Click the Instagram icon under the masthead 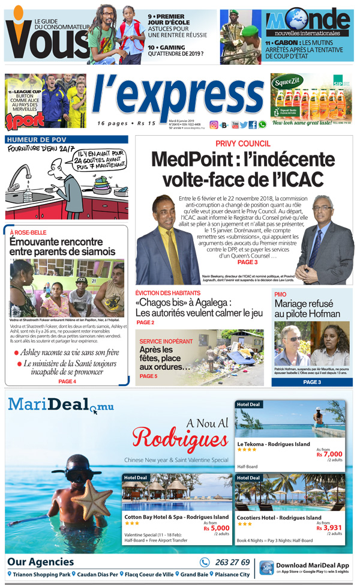pyautogui.click(x=214, y=125)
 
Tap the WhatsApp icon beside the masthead pyautogui.click(x=262, y=125)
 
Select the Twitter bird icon pyautogui.click(x=244, y=125)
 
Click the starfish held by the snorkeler pyautogui.click(x=86, y=498)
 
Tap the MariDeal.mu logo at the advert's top pyautogui.click(x=60, y=406)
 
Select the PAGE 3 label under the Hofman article pyautogui.click(x=312, y=382)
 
